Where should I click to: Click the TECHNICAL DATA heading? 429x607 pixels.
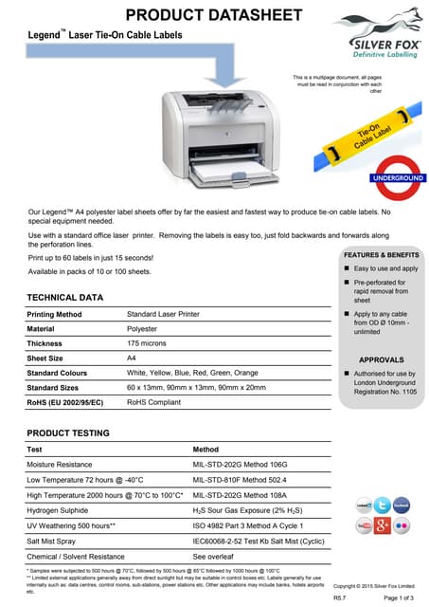65,298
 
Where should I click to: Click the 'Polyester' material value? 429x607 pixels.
143,328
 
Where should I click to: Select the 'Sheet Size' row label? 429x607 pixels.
45,359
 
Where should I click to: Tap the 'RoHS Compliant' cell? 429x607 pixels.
154,402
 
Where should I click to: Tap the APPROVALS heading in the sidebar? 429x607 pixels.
383,360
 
